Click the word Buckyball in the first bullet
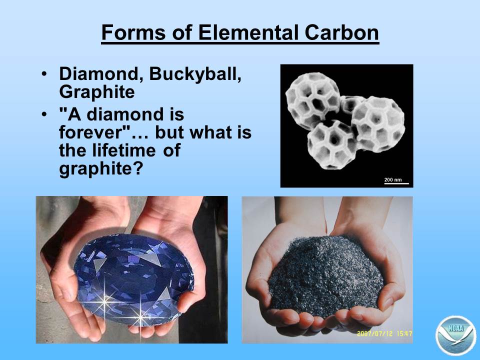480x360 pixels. click(x=195, y=74)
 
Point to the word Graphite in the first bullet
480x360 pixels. click(x=96, y=92)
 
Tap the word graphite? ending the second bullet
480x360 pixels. click(x=101, y=168)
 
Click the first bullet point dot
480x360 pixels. click(x=44, y=74)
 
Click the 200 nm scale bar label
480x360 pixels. click(x=393, y=179)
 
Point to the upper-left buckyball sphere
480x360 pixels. click(x=312, y=100)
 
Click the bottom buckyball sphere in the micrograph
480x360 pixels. click(x=332, y=144)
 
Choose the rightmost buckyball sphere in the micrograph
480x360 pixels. click(x=378, y=124)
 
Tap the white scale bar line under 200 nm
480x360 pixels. click(x=396, y=183)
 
